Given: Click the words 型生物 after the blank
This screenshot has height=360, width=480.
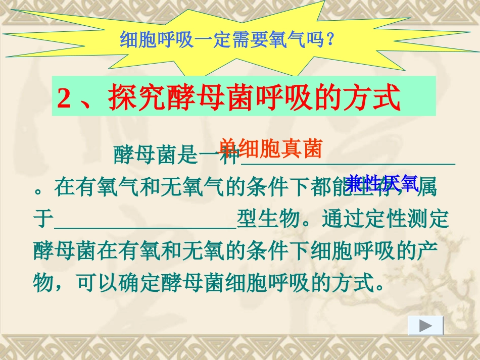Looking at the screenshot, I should coord(268,220).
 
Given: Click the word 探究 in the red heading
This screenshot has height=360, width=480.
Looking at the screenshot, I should coord(132,97).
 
